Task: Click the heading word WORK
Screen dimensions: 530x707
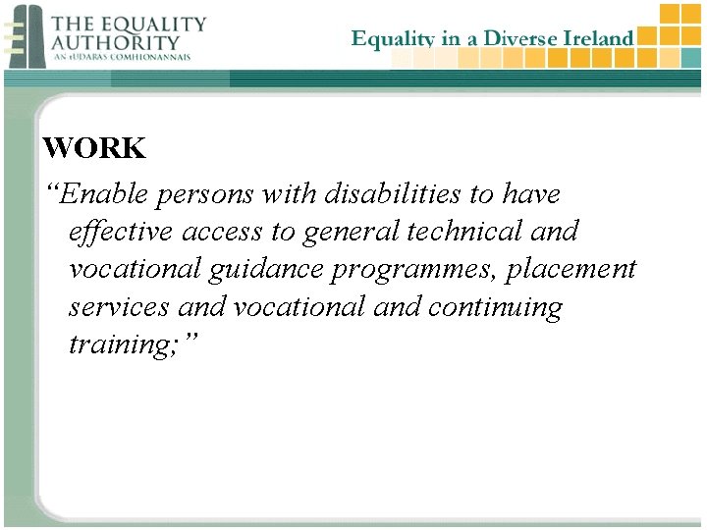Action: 94,149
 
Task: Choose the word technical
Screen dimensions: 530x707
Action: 460,233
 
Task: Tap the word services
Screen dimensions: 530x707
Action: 118,307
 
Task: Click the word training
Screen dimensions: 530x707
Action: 117,345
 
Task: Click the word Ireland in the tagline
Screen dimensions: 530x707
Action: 599,38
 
